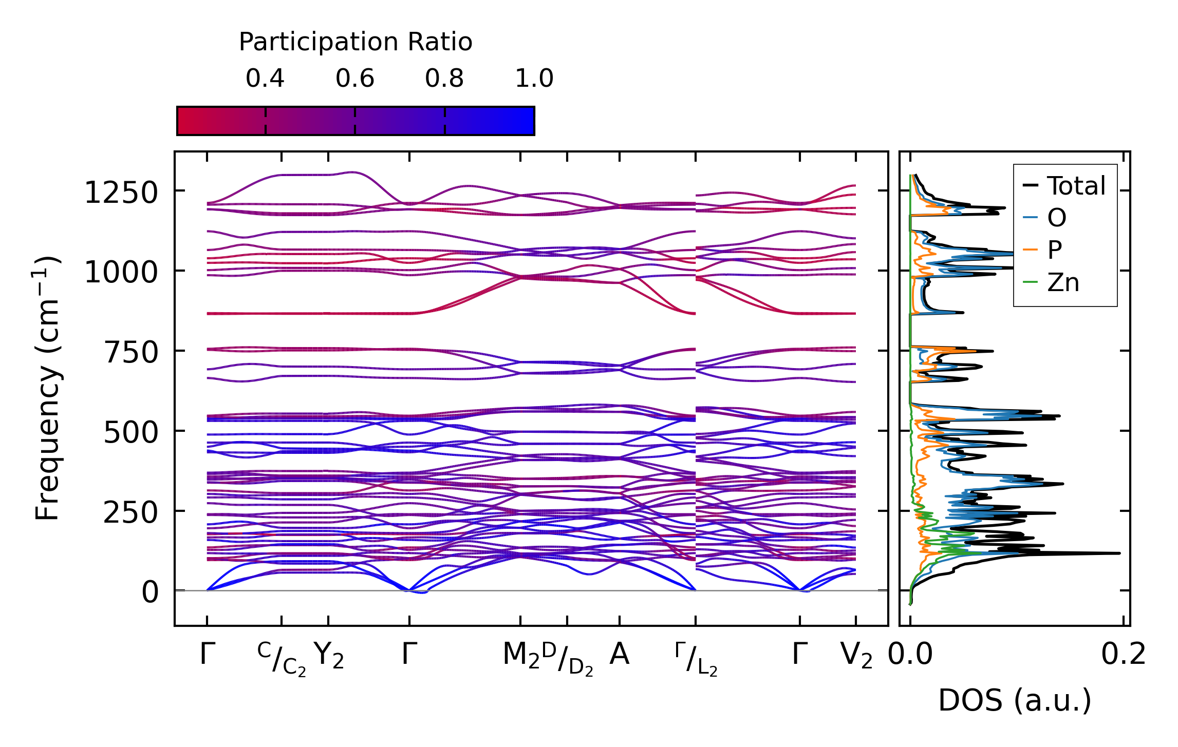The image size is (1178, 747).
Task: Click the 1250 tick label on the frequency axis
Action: [121, 193]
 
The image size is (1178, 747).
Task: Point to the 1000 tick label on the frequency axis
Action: [121, 272]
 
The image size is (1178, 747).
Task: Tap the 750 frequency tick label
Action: [131, 353]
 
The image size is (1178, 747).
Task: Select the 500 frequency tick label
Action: [131, 433]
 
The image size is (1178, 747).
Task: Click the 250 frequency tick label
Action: [131, 512]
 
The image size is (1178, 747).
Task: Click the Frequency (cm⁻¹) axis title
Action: [47, 388]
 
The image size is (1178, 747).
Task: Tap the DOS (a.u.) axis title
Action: [1015, 700]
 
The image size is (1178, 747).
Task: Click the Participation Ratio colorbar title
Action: [356, 42]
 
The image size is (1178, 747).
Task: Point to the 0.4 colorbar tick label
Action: [265, 79]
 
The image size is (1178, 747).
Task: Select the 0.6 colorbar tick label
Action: [355, 79]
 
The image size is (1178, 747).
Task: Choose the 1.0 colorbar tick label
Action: [534, 79]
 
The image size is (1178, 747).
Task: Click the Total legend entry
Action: [1076, 186]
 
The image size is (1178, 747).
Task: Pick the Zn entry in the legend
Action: [1063, 282]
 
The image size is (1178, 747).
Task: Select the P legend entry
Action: [1055, 250]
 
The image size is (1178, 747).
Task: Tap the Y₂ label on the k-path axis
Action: [329, 656]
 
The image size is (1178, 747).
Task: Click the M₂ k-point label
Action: [521, 656]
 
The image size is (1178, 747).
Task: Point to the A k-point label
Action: [620, 655]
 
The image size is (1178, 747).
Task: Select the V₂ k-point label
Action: [856, 656]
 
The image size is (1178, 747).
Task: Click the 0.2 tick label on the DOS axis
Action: [1124, 655]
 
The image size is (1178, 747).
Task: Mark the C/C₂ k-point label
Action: [282, 659]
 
